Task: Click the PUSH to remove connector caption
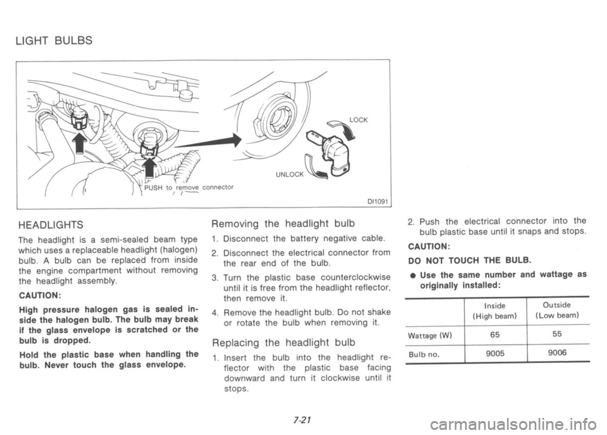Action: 188,188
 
